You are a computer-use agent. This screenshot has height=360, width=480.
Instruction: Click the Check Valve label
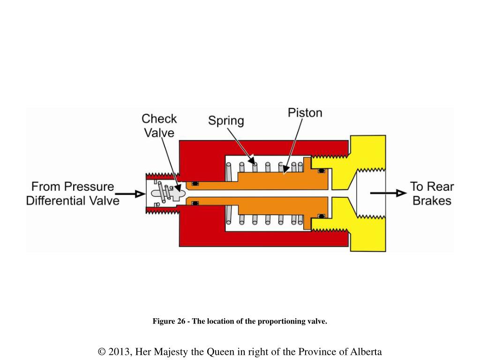pos(159,126)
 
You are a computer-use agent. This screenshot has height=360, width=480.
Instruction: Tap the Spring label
pos(226,120)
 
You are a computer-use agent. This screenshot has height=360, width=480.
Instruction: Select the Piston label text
pos(305,113)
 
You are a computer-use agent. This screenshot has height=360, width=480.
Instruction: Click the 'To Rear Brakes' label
pos(432,194)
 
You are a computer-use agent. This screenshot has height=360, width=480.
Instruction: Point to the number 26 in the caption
pos(178,322)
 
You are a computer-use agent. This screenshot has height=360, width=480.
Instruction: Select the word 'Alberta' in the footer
pos(365,352)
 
